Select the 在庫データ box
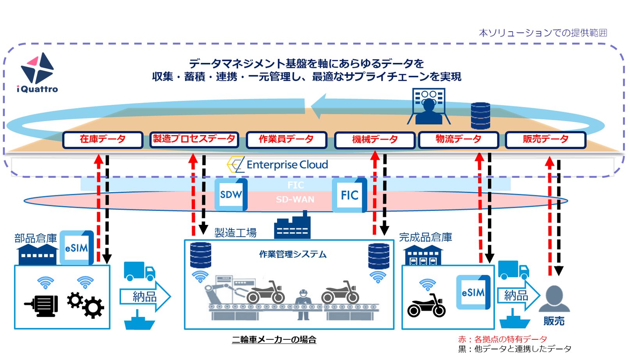click(103, 140)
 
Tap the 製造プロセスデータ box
click(194, 140)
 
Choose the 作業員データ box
click(286, 140)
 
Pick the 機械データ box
click(374, 140)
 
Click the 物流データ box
click(458, 140)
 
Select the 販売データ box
click(545, 140)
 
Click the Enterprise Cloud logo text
click(278, 165)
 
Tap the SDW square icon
click(231, 194)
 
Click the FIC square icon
click(349, 195)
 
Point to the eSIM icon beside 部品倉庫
click(77, 248)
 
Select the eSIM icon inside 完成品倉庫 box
click(473, 292)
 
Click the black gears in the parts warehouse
click(85, 305)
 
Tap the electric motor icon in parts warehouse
click(42, 305)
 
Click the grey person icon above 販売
click(554, 299)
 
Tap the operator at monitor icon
click(429, 106)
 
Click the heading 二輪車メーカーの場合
click(274, 340)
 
